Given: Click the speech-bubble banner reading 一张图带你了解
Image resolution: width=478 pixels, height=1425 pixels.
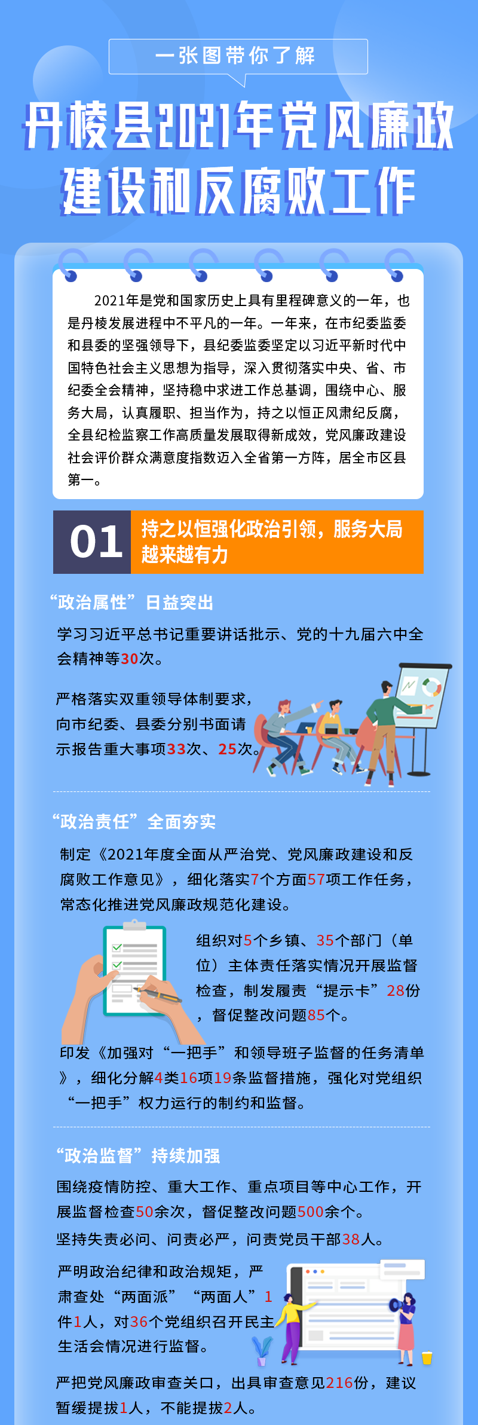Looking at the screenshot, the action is tap(238, 57).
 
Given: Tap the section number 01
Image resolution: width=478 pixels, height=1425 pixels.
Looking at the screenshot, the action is tap(96, 542).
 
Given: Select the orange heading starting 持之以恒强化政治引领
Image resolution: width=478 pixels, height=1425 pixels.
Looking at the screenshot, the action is tap(272, 542).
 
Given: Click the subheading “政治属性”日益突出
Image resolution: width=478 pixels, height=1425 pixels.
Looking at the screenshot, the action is tap(132, 603).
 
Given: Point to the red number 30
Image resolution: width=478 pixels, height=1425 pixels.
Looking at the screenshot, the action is tap(130, 659).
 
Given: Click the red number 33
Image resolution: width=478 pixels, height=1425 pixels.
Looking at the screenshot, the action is tap(176, 749).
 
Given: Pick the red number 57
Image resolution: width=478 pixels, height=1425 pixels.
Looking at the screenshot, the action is tap(316, 879).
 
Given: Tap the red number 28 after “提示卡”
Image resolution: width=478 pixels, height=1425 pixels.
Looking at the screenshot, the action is tap(396, 990).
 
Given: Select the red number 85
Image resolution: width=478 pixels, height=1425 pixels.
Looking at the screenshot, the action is tap(316, 1015).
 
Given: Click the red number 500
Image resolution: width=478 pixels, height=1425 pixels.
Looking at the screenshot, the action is tap(310, 1212).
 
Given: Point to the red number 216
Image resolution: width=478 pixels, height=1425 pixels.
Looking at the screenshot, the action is tap(339, 1383).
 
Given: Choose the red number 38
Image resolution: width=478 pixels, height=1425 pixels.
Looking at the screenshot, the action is tap(351, 1239).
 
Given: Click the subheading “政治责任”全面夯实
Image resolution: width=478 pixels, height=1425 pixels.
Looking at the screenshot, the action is tap(134, 822).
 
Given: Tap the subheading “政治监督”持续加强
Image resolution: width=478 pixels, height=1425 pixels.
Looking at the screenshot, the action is tap(138, 1155).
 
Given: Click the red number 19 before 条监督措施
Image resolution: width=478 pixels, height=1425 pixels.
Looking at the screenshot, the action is tap(223, 1078).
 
